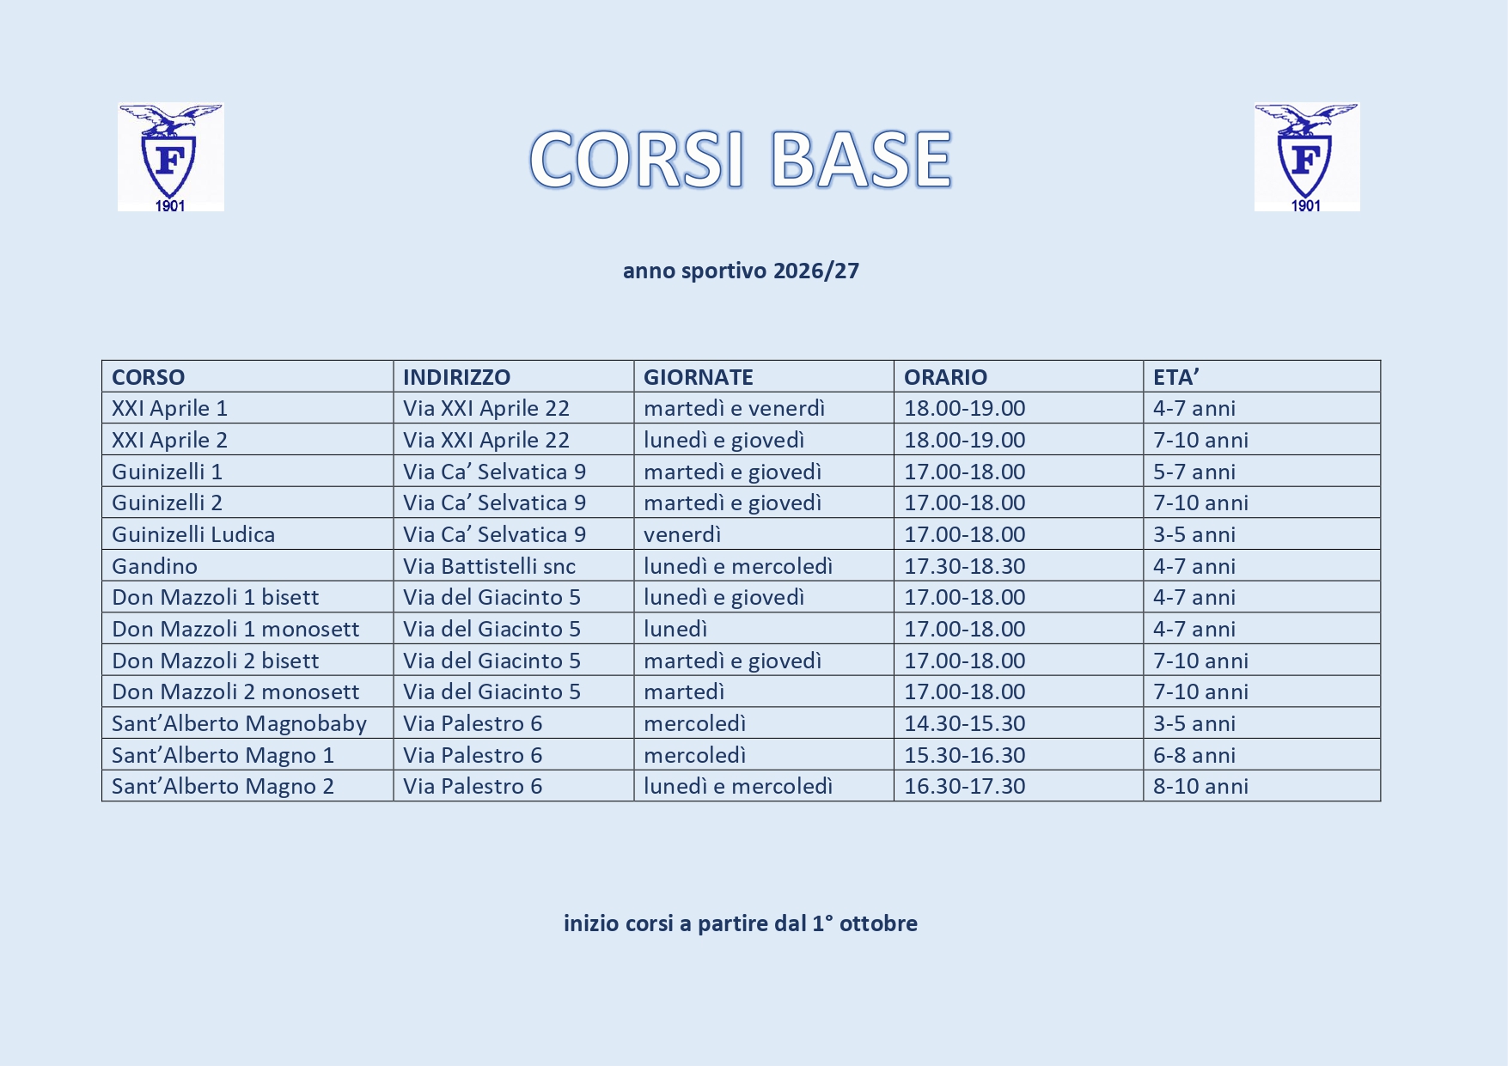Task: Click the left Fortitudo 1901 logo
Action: [171, 157]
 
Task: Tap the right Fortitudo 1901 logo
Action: [1307, 157]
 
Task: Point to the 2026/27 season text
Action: [816, 271]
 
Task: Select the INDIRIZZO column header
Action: [457, 377]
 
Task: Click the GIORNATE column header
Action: [699, 377]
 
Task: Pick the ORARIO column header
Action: [946, 377]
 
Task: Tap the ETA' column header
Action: [1176, 377]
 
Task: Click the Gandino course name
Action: [155, 566]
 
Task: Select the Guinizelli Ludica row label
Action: [193, 534]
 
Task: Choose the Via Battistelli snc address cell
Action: [490, 566]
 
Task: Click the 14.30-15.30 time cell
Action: [965, 723]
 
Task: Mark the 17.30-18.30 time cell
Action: [965, 566]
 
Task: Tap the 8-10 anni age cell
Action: [1201, 786]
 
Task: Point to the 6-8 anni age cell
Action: [1194, 755]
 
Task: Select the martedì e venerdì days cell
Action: [735, 408]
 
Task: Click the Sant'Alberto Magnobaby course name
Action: [240, 723]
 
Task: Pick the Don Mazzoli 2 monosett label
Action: [236, 691]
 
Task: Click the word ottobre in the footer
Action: [879, 923]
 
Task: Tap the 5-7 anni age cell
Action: [1194, 472]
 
